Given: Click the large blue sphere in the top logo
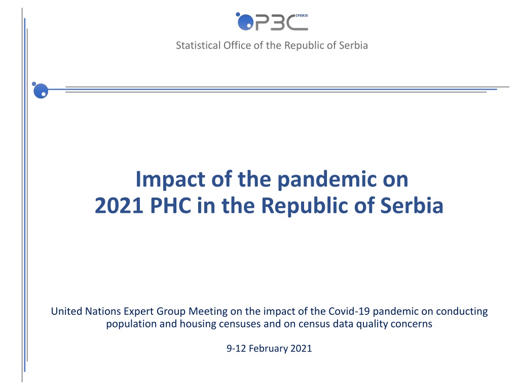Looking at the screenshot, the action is click(x=246, y=22).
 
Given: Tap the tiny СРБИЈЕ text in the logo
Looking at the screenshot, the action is click(x=302, y=16).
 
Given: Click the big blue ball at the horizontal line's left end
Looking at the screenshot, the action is click(x=41, y=91).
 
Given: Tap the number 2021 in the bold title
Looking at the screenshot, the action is click(x=119, y=206).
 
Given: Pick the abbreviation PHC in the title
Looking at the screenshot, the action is click(x=170, y=206).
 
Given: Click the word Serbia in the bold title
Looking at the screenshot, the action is click(x=412, y=206).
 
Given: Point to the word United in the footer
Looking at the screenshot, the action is click(x=66, y=311).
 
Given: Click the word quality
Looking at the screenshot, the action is click(x=372, y=324).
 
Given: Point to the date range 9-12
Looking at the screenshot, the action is click(x=236, y=348).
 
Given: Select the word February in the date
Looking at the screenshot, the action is click(x=268, y=348).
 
